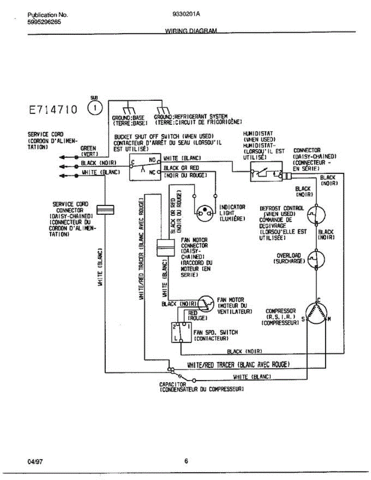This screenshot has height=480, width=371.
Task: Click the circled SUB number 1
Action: click(95, 108)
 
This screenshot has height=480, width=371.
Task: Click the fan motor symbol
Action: click(207, 304)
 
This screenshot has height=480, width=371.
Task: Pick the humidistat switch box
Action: click(266, 172)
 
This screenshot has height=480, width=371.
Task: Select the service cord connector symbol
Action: click(106, 209)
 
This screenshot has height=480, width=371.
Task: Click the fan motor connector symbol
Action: click(164, 248)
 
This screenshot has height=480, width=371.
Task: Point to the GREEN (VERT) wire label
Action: click(88, 150)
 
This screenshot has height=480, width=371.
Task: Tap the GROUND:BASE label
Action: click(128, 118)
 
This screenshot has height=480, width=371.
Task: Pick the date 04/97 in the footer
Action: click(35, 462)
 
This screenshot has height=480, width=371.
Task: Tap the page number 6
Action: click(186, 461)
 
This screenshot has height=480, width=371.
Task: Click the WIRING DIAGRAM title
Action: click(191, 31)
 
